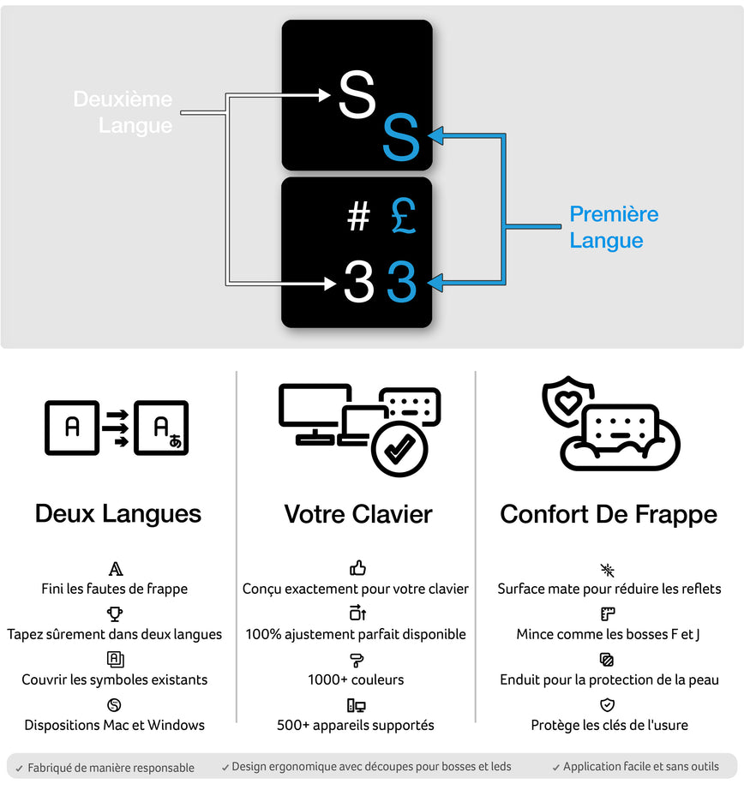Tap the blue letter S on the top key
coord(400,138)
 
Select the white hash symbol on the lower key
coord(358,218)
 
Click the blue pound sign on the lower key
coord(402,216)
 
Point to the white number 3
coord(358,282)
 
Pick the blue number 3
coord(401,282)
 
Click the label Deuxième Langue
coord(123,112)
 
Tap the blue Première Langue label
coord(614,227)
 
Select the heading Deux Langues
coord(118,514)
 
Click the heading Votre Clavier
coord(358,514)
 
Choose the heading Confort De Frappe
coord(609,514)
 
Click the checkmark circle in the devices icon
coord(399,447)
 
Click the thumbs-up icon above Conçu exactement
coord(357,568)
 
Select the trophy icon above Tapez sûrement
coord(115,613)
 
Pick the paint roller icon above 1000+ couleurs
coord(357,660)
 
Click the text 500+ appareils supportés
coord(356,725)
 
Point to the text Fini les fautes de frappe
coord(114,589)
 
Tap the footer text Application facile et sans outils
coord(640,766)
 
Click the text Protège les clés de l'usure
coord(609,725)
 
